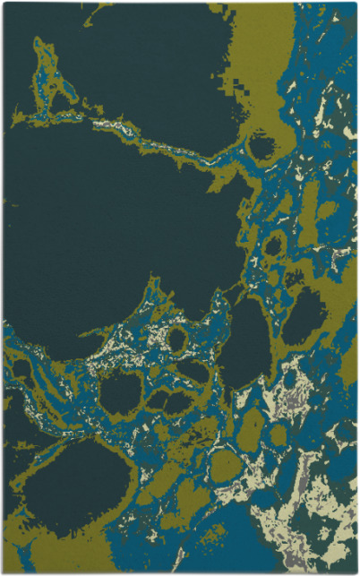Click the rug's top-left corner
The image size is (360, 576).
4,4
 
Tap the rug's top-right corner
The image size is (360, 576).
356,4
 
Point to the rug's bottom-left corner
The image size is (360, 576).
4,572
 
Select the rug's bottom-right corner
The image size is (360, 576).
356,572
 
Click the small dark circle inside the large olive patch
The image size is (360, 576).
261,145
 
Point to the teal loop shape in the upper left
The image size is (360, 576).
49,81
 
